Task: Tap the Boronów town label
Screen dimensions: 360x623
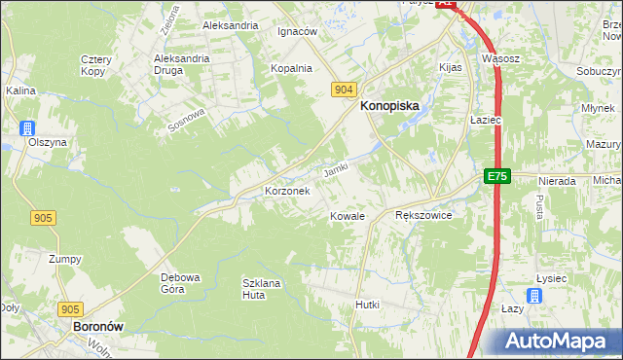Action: (x=97, y=328)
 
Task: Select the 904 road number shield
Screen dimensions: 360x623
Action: (x=342, y=89)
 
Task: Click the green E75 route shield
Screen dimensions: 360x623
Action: (x=497, y=176)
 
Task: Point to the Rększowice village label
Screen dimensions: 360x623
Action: (x=423, y=216)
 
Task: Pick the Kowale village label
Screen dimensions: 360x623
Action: (x=347, y=216)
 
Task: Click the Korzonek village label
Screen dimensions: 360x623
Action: (x=287, y=192)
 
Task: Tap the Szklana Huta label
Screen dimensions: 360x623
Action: (x=261, y=288)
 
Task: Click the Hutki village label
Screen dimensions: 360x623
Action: (x=367, y=305)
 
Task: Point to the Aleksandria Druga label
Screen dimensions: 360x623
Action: (x=182, y=64)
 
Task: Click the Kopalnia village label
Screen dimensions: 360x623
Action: (x=291, y=68)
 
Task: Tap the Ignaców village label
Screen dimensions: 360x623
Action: (x=298, y=31)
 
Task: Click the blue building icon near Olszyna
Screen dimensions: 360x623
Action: (x=28, y=127)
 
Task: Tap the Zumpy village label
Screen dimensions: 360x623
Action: (x=65, y=259)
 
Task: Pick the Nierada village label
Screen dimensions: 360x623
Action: (x=558, y=181)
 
